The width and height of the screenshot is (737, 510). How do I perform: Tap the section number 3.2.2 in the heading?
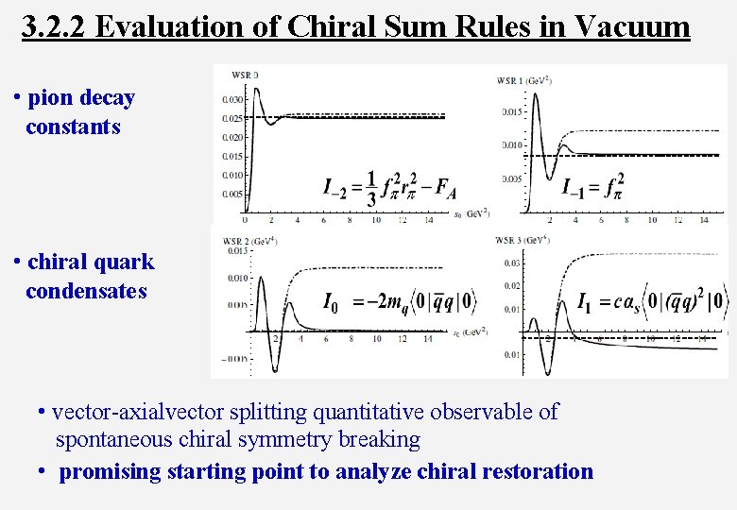point(54,25)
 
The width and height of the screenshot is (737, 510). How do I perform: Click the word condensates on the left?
point(86,291)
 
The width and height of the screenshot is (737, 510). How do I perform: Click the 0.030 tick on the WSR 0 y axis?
point(231,99)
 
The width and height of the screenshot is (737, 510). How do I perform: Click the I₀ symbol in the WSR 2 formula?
point(331,303)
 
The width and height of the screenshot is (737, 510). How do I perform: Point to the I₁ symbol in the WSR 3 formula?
point(587,303)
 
